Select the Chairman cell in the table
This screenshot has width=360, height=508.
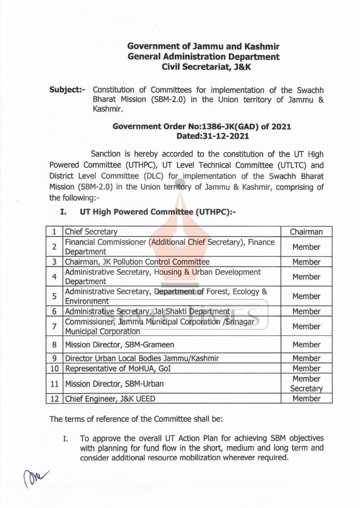[306, 232]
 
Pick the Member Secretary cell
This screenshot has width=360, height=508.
[306, 383]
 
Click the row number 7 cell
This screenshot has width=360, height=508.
[54, 326]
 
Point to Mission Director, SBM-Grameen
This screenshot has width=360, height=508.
[120, 344]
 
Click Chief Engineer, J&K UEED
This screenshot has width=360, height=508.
[113, 398]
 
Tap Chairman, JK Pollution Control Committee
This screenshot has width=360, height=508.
[137, 262]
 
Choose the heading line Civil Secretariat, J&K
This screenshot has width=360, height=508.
[203, 67]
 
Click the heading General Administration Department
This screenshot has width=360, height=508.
[203, 57]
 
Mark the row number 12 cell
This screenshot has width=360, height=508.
[54, 398]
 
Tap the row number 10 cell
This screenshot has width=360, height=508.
[54, 369]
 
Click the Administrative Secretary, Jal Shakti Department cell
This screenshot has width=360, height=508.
[147, 312]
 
